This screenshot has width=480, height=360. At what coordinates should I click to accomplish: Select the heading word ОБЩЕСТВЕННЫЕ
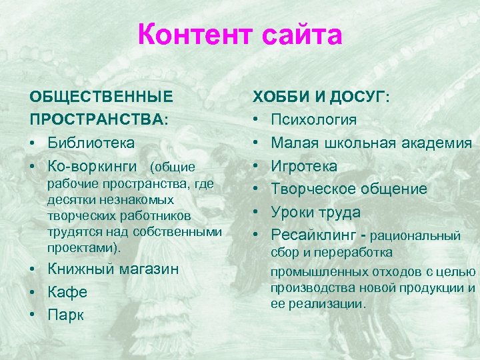(101, 97)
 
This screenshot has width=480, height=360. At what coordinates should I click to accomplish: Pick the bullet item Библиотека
(91, 143)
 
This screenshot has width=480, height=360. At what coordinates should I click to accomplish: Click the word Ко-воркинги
(92, 166)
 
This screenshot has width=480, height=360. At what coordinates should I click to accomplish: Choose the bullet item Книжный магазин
(113, 269)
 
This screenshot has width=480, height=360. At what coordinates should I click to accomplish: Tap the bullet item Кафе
(67, 293)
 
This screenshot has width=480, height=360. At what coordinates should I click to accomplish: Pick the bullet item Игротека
(304, 166)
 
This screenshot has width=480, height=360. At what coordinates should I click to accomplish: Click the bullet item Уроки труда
(316, 213)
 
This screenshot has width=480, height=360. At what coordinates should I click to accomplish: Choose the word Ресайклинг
(316, 235)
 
